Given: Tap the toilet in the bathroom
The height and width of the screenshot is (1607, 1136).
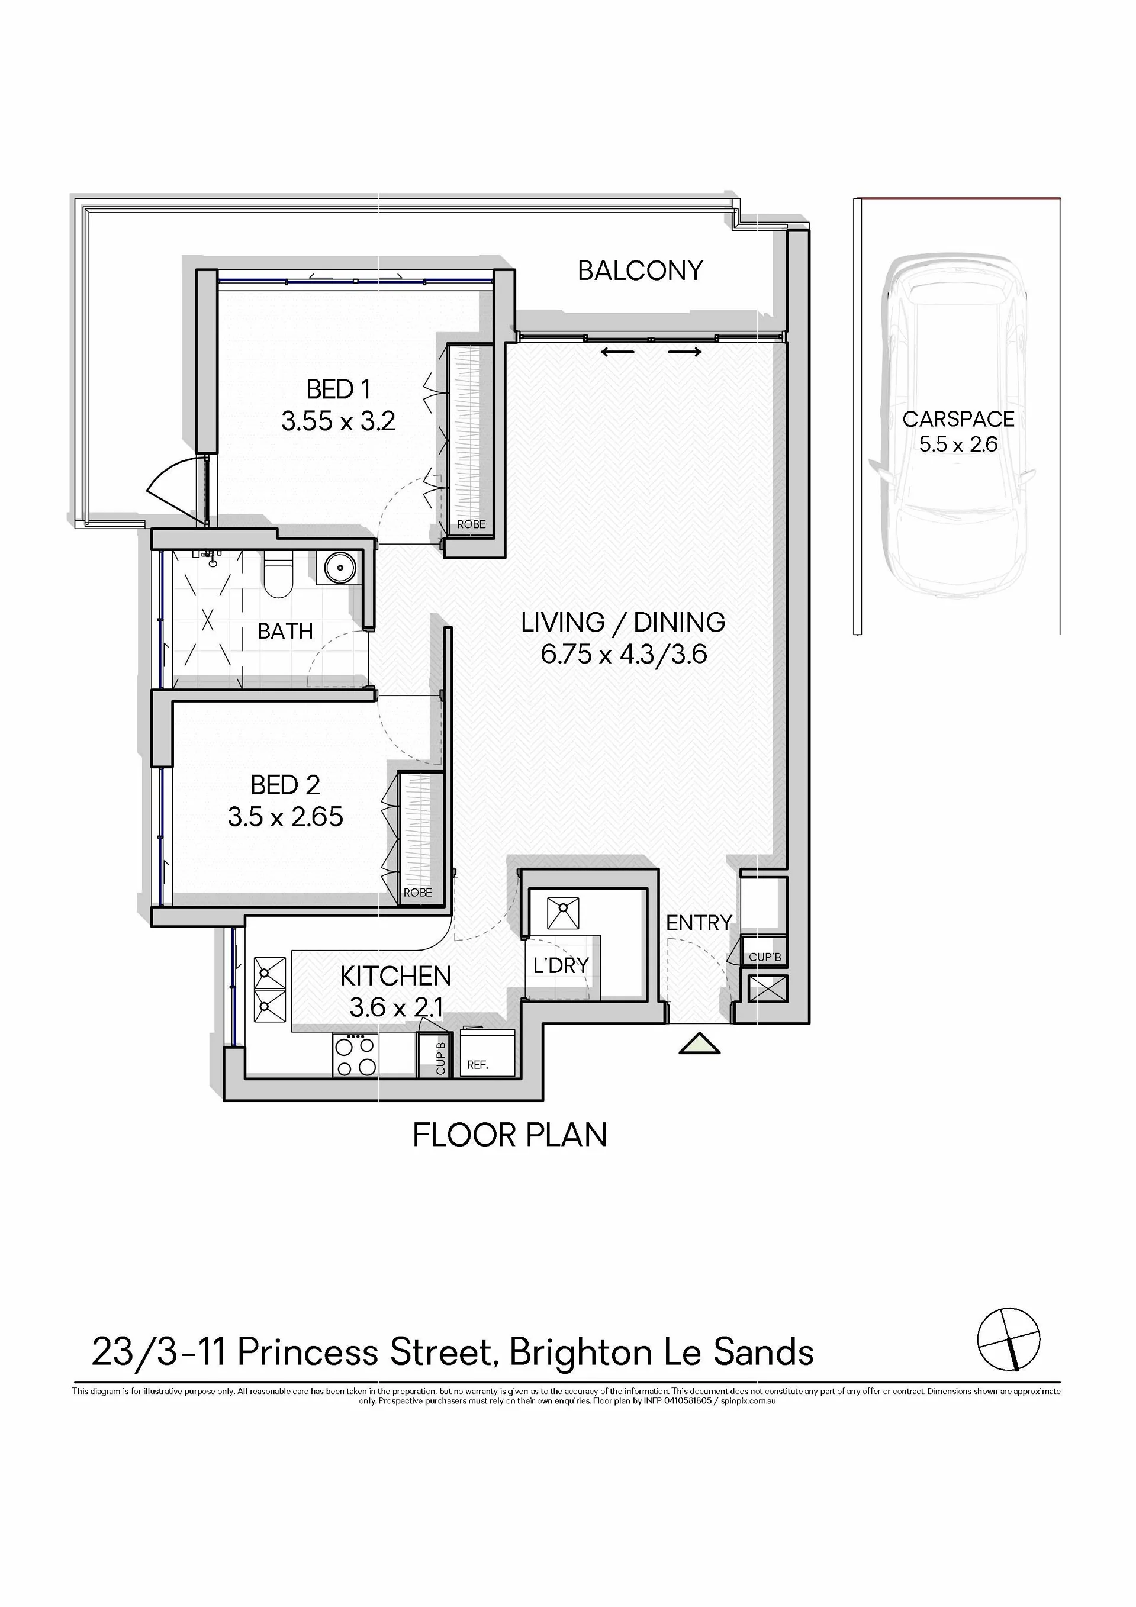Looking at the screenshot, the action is pyautogui.click(x=278, y=574).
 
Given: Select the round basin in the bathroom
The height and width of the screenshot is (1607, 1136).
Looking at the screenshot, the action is pyautogui.click(x=338, y=568).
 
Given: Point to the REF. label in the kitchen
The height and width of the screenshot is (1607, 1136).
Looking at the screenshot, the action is pyautogui.click(x=477, y=1065).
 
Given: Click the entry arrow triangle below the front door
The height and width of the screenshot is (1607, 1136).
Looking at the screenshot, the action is pyautogui.click(x=699, y=1044).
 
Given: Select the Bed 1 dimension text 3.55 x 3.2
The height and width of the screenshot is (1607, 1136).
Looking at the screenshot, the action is pyautogui.click(x=338, y=421).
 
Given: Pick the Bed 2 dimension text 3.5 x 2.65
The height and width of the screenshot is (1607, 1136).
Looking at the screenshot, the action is pyautogui.click(x=285, y=816).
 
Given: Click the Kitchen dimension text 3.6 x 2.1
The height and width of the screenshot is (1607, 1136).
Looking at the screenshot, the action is pyautogui.click(x=396, y=1007).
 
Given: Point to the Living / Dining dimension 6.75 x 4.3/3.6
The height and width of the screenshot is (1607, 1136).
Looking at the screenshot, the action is pyautogui.click(x=623, y=655).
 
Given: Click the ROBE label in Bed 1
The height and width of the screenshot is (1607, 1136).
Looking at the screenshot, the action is pyautogui.click(x=471, y=524).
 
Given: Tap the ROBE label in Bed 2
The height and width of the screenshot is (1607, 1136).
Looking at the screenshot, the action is pyautogui.click(x=418, y=893).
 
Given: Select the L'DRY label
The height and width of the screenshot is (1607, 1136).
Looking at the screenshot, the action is pyautogui.click(x=561, y=965).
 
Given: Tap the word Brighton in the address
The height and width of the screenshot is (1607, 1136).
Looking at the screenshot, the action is pyautogui.click(x=580, y=1352).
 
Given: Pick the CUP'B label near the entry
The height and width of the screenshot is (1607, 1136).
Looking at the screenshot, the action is pyautogui.click(x=765, y=957).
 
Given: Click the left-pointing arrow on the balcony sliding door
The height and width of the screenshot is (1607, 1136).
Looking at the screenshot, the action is pyautogui.click(x=618, y=352).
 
